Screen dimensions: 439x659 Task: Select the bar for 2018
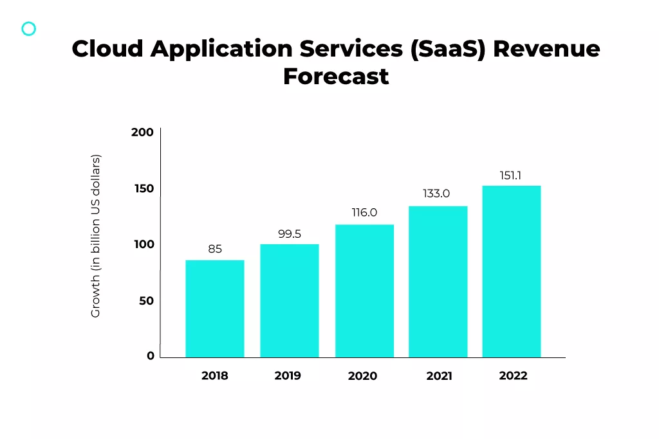point(214,309)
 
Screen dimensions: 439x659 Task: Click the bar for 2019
point(289,301)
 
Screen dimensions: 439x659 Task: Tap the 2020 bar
point(364,291)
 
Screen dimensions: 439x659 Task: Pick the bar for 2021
point(438,282)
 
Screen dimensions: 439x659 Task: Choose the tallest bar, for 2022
point(511,271)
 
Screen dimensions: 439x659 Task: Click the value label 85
point(215,249)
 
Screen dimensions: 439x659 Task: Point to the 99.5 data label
point(290,234)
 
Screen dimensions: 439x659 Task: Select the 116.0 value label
point(364,213)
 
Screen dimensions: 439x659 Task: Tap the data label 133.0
point(436,193)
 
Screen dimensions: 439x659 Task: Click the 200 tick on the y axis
point(142,132)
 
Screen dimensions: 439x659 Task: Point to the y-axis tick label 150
point(144,188)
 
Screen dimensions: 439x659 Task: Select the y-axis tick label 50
point(146,301)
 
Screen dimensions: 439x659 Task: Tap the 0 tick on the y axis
point(151,355)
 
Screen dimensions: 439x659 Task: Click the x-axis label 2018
point(214,375)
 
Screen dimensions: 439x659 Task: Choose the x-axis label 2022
point(513,375)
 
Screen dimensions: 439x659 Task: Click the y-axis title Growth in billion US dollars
point(96,236)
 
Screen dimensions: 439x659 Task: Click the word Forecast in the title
point(336,76)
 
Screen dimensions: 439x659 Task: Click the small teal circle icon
point(29,28)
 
